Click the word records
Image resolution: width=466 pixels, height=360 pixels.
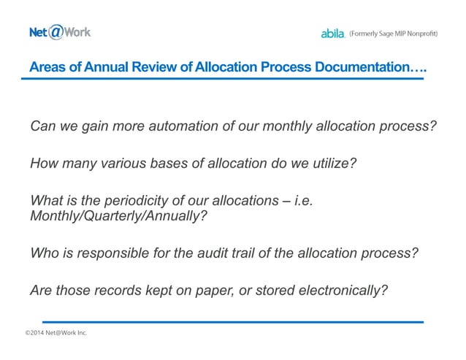(120, 290)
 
